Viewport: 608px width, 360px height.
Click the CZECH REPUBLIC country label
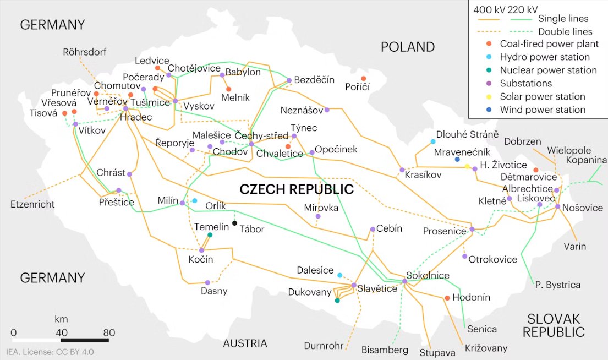(x=297, y=190)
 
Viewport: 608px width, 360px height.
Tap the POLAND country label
(x=407, y=47)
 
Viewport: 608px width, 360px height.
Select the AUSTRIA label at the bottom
(x=245, y=344)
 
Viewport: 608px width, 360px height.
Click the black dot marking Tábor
(x=234, y=223)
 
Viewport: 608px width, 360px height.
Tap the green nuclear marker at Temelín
(x=210, y=235)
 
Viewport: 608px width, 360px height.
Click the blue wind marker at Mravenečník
(x=457, y=160)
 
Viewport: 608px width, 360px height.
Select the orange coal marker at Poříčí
(x=363, y=79)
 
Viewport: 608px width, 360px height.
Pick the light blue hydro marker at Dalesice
(x=339, y=275)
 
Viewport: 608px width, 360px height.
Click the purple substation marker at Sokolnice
(x=404, y=281)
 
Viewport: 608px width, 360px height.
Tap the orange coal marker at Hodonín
(x=447, y=298)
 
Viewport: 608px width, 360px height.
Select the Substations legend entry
(x=525, y=84)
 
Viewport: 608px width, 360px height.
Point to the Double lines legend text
(x=565, y=31)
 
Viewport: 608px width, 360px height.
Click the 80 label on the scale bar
(x=108, y=332)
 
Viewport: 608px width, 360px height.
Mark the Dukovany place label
(x=309, y=292)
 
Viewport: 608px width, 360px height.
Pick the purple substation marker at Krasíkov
(x=402, y=170)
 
